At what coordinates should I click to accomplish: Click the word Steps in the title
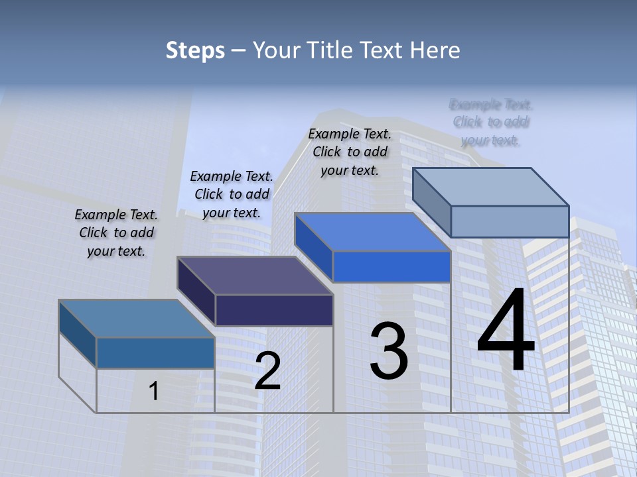click(x=195, y=50)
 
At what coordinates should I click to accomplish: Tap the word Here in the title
click(x=435, y=50)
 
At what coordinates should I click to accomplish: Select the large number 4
click(x=506, y=332)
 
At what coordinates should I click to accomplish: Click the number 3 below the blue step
click(x=389, y=351)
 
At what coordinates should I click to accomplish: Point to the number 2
click(x=267, y=371)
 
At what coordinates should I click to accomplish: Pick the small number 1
click(x=154, y=391)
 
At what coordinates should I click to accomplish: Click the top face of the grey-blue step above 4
click(x=491, y=186)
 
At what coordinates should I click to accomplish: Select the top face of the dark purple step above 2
click(x=255, y=276)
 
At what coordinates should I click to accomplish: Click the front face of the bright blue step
click(x=391, y=267)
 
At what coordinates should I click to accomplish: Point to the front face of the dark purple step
click(x=274, y=310)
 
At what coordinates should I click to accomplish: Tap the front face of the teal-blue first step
click(x=155, y=352)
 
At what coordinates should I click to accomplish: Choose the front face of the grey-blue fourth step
click(x=510, y=221)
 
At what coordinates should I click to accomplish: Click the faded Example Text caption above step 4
click(x=491, y=123)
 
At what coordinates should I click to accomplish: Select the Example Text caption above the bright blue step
click(x=350, y=152)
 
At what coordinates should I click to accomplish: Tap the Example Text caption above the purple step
click(x=232, y=194)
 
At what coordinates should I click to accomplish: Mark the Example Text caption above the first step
click(x=116, y=233)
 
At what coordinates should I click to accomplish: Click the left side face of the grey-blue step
click(x=431, y=202)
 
